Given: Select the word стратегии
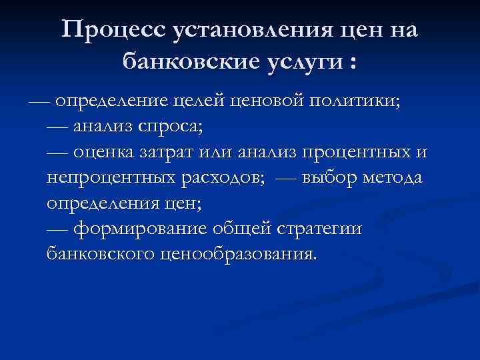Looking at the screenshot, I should [320, 230].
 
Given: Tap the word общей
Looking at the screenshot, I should [245, 230].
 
